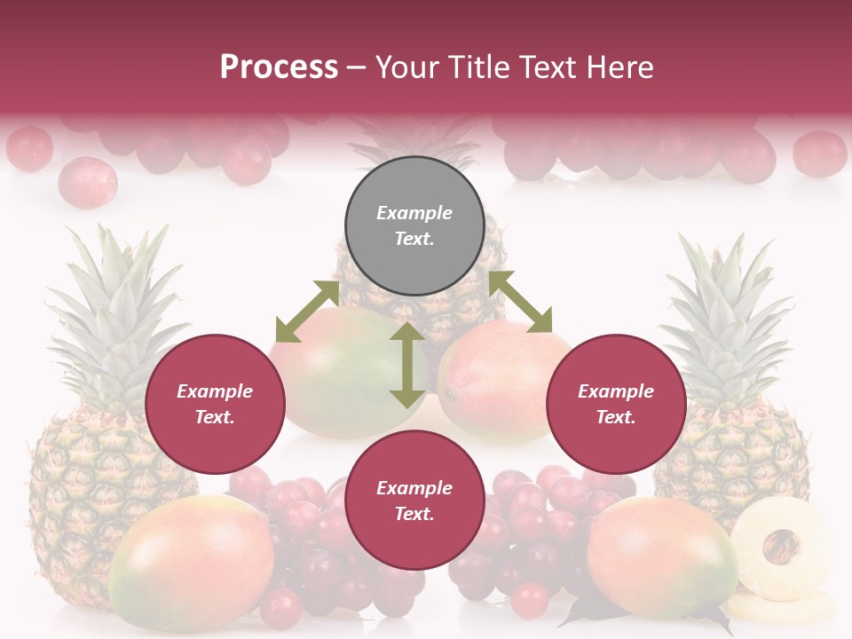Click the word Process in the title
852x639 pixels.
coord(279,67)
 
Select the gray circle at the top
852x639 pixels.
coord(414,226)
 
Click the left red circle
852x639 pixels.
coord(215,405)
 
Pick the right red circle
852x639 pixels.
coord(616,405)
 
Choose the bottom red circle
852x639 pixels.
coord(414,501)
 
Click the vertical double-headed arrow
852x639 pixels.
coord(407,366)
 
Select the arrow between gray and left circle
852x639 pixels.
coord(307,312)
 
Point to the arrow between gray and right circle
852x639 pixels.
coord(520,302)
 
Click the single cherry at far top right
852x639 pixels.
coord(818,153)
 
